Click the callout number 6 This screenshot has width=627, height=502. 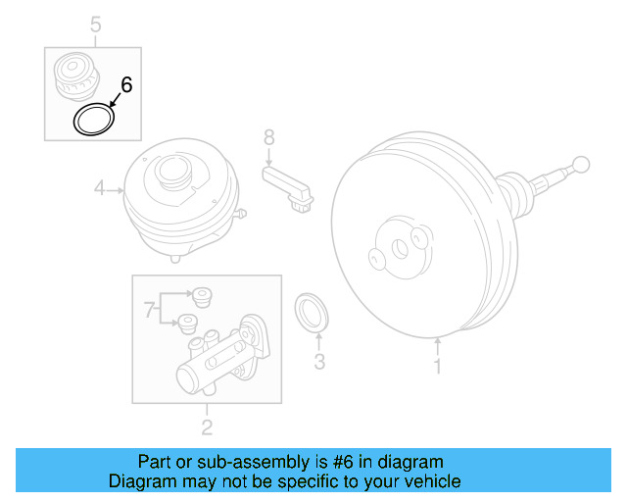pyautogui.click(x=126, y=85)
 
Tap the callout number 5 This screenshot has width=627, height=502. pyautogui.click(x=95, y=24)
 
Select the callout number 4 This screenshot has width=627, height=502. pyautogui.click(x=99, y=187)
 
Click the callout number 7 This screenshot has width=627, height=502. pyautogui.click(x=149, y=311)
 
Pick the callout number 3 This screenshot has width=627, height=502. pyautogui.click(x=318, y=364)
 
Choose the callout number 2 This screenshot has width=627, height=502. pyautogui.click(x=207, y=426)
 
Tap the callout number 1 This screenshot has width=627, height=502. pyautogui.click(x=438, y=368)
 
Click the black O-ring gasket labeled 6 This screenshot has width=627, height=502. pyautogui.click(x=94, y=121)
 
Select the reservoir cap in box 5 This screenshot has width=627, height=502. pyautogui.click(x=75, y=76)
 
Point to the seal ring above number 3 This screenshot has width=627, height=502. pyautogui.click(x=313, y=312)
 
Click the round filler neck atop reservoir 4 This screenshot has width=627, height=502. pyautogui.click(x=172, y=174)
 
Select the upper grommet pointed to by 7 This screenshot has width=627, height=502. pyautogui.click(x=202, y=295)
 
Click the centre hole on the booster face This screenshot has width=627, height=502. pyautogui.click(x=399, y=249)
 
